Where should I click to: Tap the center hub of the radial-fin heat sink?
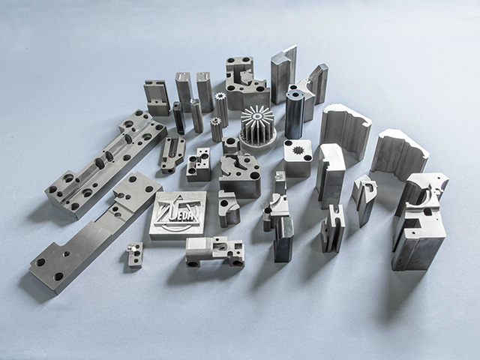(x=256, y=116)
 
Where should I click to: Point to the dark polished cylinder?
(x=295, y=115)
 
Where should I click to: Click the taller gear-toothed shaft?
(x=221, y=109)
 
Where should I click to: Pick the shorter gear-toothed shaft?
(x=216, y=129)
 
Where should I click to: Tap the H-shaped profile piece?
(x=333, y=228)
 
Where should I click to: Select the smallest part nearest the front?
(x=135, y=255)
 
